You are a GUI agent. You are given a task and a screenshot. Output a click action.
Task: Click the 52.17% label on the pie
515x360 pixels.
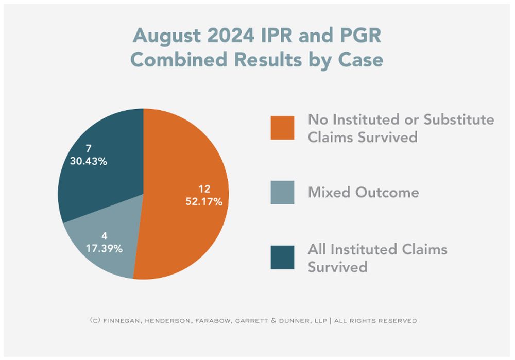pyautogui.click(x=204, y=201)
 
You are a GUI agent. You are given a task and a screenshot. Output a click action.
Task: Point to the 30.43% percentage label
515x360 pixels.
pyautogui.click(x=89, y=161)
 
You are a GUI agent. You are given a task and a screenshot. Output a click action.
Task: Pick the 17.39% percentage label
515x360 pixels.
pyautogui.click(x=104, y=249)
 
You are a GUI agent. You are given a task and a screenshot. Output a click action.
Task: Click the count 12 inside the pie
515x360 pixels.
pyautogui.click(x=205, y=188)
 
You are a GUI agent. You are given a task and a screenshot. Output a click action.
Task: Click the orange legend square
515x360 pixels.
pyautogui.click(x=282, y=128)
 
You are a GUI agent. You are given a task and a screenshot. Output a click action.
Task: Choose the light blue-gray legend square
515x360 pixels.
pyautogui.click(x=282, y=193)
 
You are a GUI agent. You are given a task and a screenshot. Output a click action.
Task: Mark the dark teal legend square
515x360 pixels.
pyautogui.click(x=282, y=258)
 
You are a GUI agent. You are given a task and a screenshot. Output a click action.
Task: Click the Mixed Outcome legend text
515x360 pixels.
pyautogui.click(x=363, y=193)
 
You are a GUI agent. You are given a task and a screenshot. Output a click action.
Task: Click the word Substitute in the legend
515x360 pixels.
pyautogui.click(x=458, y=120)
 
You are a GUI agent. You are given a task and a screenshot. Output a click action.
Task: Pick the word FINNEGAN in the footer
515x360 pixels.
pyautogui.click(x=120, y=321)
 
